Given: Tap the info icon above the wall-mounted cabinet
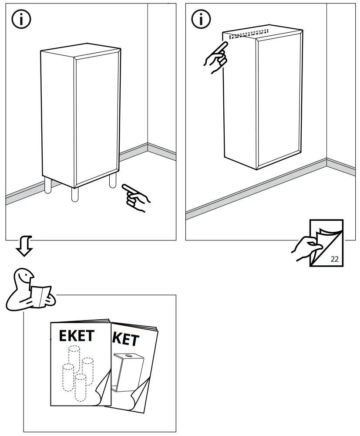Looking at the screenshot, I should tap(201, 19).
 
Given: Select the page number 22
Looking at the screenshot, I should tap(334, 259).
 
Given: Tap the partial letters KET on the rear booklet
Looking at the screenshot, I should tap(126, 339).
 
